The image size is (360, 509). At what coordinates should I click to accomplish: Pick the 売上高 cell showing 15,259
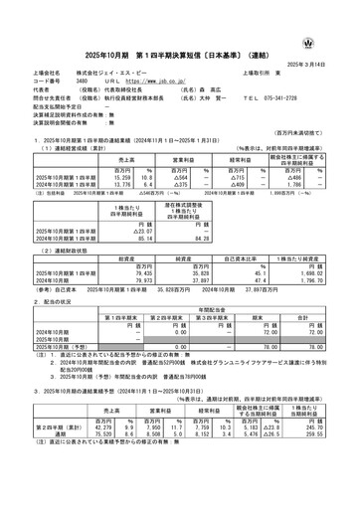click(98, 175)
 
